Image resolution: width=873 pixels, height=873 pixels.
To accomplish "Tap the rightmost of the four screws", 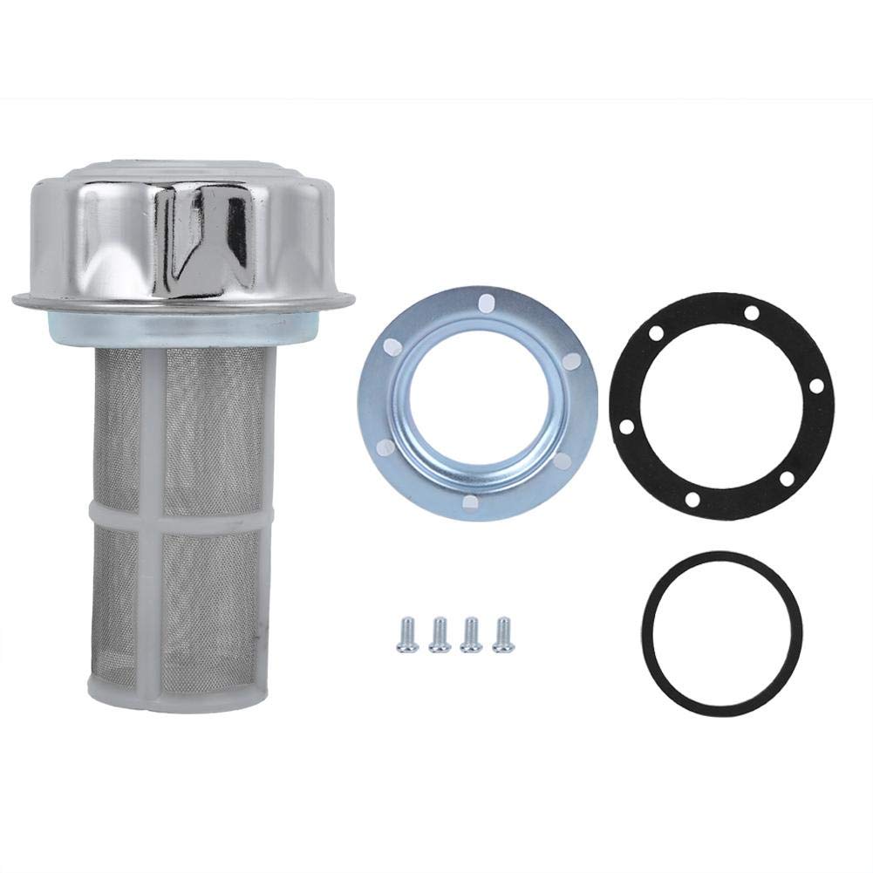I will (502, 633).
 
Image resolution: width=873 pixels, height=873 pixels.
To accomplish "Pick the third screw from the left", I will (471, 633).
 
